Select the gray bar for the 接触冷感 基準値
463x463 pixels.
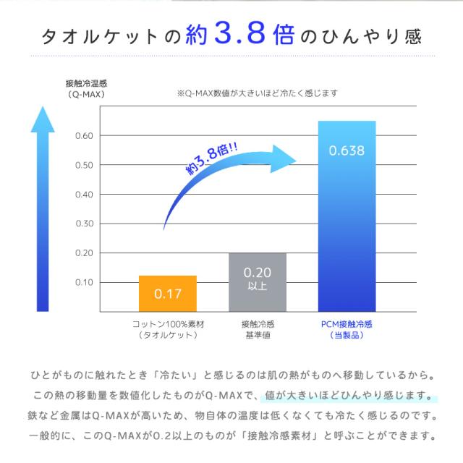(258, 282)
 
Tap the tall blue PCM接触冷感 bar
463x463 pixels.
(347, 217)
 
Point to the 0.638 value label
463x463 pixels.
(347, 151)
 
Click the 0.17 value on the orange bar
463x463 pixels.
(167, 294)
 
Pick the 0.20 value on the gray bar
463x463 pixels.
(258, 273)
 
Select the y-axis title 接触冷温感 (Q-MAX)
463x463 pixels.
(86, 88)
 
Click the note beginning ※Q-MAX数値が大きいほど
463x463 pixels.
(258, 93)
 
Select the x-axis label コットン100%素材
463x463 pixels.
(167, 325)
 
